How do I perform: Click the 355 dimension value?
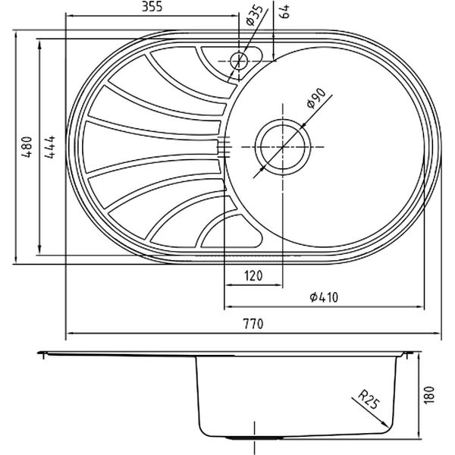pos(152,6)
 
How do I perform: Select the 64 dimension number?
pos(285,11)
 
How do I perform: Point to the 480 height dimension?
pos(27,147)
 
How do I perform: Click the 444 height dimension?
pos(49,147)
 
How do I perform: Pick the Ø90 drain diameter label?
pos(316,98)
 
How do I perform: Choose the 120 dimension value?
pos(253,276)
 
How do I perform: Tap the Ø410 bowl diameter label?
pos(324,297)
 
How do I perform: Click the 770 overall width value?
pos(253,324)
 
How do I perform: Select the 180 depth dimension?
pos(430,394)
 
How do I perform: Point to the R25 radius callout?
pos(369,400)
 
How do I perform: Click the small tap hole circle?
pos(239,61)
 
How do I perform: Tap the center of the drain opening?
pos(283,147)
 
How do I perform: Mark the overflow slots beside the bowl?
pos(224,147)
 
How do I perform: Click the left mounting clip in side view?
pos(43,355)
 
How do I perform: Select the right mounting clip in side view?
pos(407,355)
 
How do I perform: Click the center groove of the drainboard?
pos(151,147)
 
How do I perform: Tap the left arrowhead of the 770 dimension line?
pos(67,334)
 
